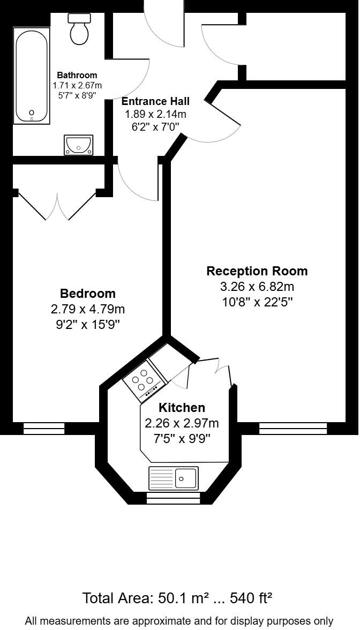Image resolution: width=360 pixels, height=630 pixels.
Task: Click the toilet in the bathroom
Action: [x=79, y=29]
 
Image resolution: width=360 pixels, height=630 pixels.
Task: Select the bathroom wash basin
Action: [x=79, y=144]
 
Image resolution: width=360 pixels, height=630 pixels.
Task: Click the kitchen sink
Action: [x=173, y=477]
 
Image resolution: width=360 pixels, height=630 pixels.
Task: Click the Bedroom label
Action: [x=87, y=294]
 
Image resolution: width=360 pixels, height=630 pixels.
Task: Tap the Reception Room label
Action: [x=257, y=271]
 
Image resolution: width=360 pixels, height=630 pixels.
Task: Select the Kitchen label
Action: [x=182, y=408]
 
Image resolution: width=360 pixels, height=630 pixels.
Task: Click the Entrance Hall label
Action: [x=155, y=101]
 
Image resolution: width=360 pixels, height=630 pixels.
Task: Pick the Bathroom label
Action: [x=77, y=76]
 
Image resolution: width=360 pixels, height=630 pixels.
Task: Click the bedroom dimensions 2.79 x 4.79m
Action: [x=87, y=309]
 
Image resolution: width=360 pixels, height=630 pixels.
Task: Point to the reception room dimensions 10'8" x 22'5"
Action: [x=257, y=302]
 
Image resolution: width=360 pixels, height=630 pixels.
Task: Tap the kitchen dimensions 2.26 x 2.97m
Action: [x=182, y=424]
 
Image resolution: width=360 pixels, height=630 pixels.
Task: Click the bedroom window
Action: [x=44, y=428]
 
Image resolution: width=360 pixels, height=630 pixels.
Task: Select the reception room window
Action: [x=292, y=428]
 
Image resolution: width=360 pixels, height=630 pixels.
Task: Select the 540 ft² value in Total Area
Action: [x=251, y=598]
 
